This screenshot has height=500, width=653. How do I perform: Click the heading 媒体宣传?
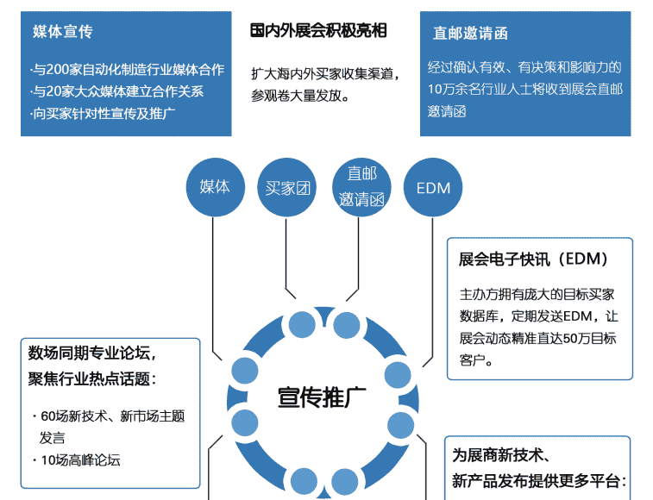click(x=62, y=32)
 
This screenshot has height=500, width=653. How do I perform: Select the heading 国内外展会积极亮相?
click(x=318, y=31)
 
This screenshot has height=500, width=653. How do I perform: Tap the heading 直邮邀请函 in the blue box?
click(x=470, y=34)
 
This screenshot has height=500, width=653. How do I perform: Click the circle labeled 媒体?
click(x=215, y=186)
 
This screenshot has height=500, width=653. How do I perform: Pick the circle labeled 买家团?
click(x=287, y=187)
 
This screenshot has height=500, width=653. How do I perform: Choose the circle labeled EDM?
click(x=433, y=187)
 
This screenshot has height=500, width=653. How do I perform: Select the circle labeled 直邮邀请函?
click(x=361, y=187)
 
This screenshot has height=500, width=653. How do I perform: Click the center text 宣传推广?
click(x=321, y=397)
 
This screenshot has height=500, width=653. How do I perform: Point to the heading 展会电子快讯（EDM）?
click(x=534, y=259)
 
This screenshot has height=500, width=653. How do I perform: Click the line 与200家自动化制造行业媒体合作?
click(x=127, y=70)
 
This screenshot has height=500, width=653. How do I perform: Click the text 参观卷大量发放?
click(x=299, y=96)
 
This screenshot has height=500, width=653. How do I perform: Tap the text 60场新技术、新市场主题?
click(x=112, y=416)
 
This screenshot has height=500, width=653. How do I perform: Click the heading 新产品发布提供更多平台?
click(x=538, y=481)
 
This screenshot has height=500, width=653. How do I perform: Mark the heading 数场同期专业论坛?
click(x=91, y=353)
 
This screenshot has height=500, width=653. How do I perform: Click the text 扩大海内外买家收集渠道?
click(x=325, y=73)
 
